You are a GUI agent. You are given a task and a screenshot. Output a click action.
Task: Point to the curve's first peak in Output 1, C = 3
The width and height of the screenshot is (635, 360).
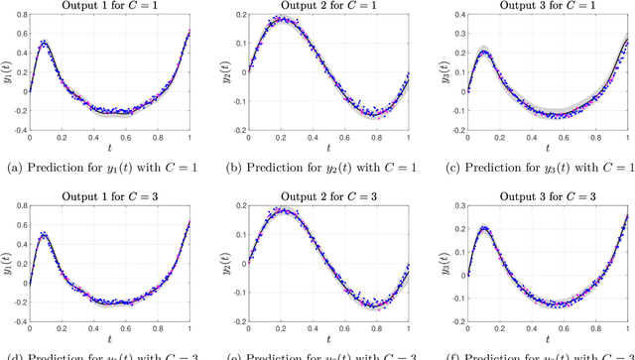[46, 235]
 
